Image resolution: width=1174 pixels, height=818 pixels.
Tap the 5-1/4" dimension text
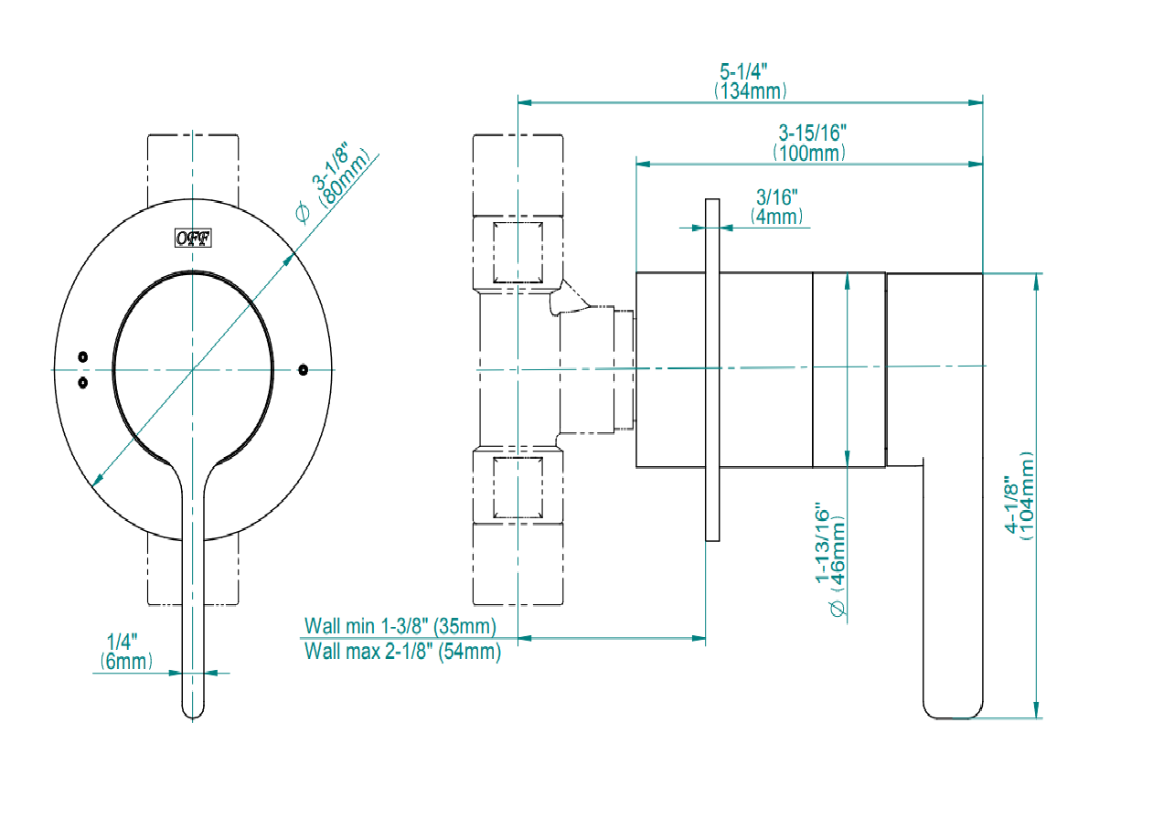click(x=743, y=71)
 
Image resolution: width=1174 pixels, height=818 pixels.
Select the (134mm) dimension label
click(x=750, y=90)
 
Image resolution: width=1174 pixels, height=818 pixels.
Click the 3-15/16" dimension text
click(x=808, y=133)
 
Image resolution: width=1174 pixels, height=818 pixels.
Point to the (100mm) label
click(x=809, y=153)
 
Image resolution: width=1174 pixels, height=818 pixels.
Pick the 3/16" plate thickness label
click(x=777, y=197)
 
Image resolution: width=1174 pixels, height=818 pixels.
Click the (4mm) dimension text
click(x=777, y=217)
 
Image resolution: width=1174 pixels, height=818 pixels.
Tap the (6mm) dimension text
click(x=126, y=662)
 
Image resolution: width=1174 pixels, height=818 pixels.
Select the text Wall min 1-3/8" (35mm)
click(x=400, y=626)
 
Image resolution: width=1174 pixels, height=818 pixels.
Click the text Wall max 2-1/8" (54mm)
click(x=402, y=652)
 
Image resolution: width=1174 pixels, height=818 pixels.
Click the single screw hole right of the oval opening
click(x=304, y=369)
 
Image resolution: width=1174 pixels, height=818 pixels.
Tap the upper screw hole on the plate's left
click(x=83, y=356)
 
